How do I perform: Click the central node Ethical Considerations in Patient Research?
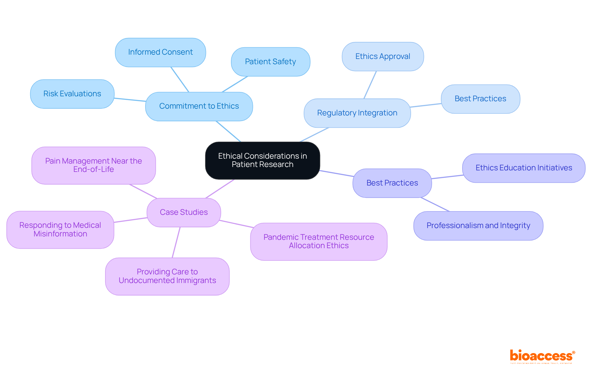(x=262, y=160)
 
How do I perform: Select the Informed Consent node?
(x=160, y=52)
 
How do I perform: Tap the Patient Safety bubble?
(x=270, y=62)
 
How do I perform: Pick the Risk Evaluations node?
(x=72, y=94)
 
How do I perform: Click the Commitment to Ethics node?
(x=199, y=106)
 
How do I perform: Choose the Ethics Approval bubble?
(x=383, y=56)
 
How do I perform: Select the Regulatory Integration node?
(x=357, y=113)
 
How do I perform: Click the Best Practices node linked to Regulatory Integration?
(x=480, y=99)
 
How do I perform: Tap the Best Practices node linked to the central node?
(x=392, y=183)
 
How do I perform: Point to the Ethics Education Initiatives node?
(x=524, y=168)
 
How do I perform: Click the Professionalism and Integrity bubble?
(x=478, y=226)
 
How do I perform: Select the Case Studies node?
(x=184, y=212)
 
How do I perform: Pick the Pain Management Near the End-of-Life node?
(x=93, y=165)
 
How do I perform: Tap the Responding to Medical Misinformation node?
(x=60, y=230)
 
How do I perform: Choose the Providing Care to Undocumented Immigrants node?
(x=167, y=276)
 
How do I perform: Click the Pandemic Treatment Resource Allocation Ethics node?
(x=319, y=241)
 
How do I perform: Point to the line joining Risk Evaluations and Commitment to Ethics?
(x=130, y=100)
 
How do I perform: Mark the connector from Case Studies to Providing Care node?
(x=176, y=242)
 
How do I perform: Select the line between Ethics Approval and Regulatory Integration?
(x=370, y=85)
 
